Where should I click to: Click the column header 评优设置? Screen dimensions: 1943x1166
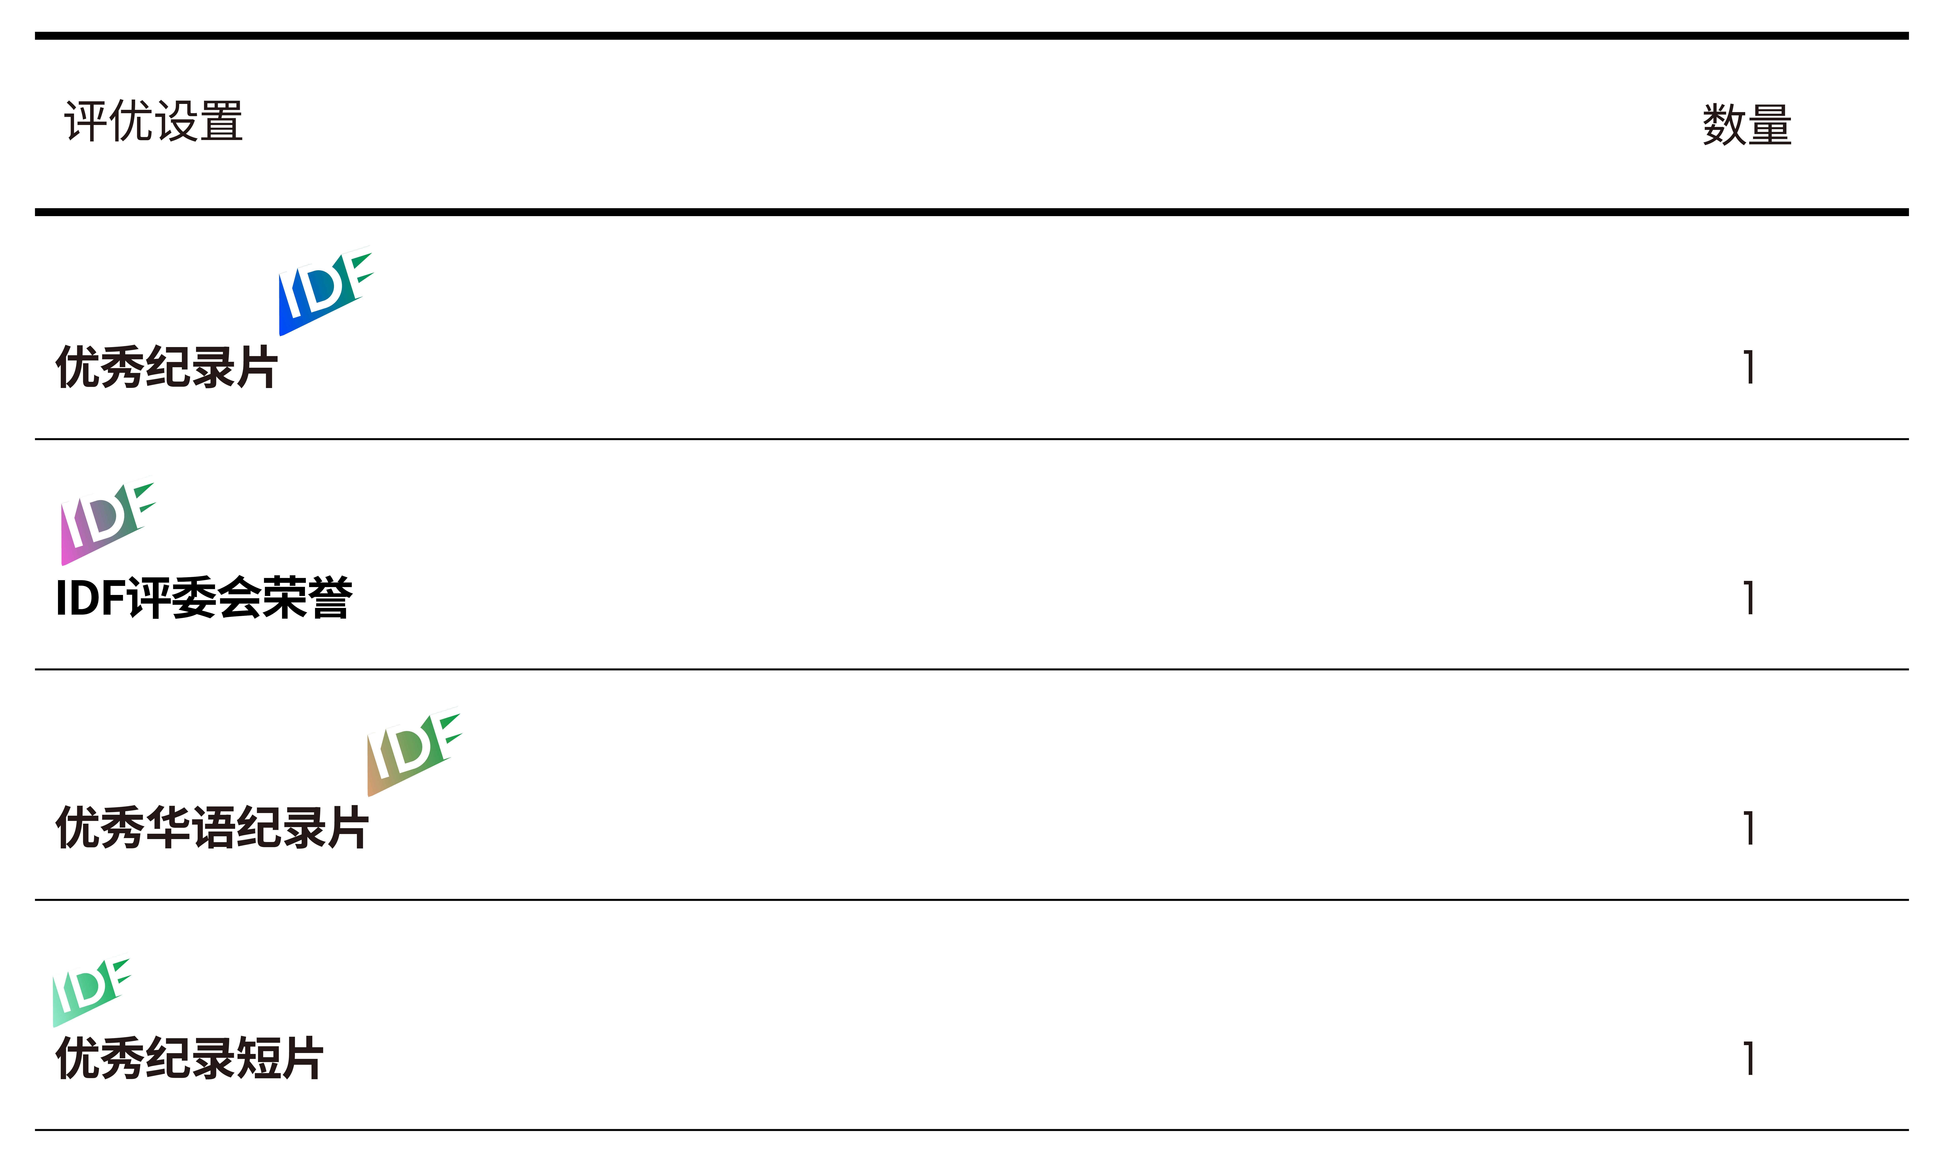coord(153,122)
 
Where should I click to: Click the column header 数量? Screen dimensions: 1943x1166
coord(1747,125)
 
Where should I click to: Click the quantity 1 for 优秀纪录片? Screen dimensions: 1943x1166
coord(1749,367)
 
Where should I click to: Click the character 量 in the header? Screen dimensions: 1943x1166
coord(1769,125)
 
